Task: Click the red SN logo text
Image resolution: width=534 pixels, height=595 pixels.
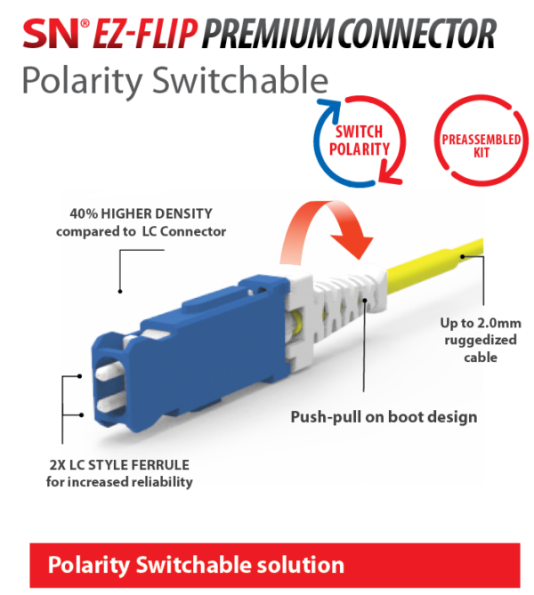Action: click(49, 33)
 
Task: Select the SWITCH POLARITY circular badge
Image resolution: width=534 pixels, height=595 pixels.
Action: click(360, 141)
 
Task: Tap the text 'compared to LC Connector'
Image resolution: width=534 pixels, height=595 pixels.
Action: click(142, 232)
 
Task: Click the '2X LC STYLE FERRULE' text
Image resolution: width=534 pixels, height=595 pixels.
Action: click(119, 465)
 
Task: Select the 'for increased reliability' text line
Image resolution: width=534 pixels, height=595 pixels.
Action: click(119, 482)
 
